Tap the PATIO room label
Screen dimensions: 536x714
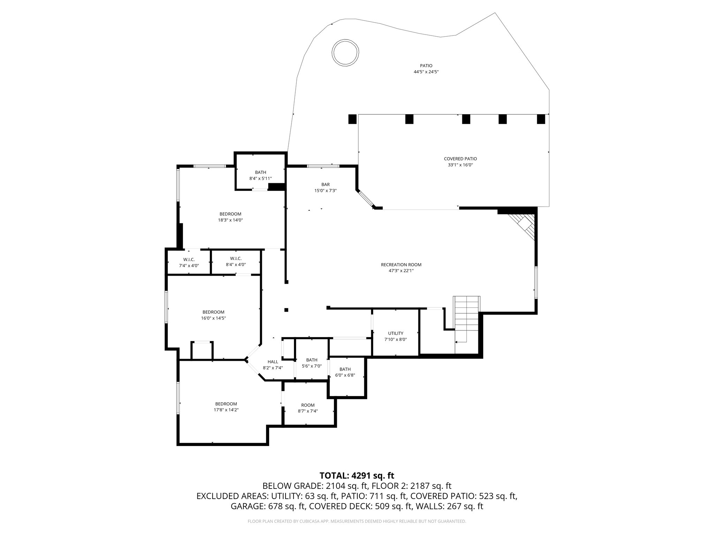tap(426, 66)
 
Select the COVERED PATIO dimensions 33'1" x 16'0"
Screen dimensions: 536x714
tap(460, 165)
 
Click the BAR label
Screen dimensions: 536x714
tap(325, 184)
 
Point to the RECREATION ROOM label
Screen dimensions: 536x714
tap(401, 265)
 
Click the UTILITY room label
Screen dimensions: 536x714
tap(395, 333)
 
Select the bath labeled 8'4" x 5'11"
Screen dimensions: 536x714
tap(260, 175)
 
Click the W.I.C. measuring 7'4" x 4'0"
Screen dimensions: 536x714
tap(189, 262)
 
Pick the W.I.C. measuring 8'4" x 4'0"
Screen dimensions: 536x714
tap(236, 261)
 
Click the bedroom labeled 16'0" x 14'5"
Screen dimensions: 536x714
tap(213, 315)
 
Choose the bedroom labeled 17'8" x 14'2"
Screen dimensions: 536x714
tap(226, 407)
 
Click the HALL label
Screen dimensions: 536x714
tap(273, 362)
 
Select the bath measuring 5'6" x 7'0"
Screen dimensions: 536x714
tap(312, 363)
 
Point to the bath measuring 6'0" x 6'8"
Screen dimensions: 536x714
tap(345, 372)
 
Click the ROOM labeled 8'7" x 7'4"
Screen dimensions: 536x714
tap(307, 408)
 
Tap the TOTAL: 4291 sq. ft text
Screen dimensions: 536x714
tap(357, 475)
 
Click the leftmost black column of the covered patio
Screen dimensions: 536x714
tap(352, 119)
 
